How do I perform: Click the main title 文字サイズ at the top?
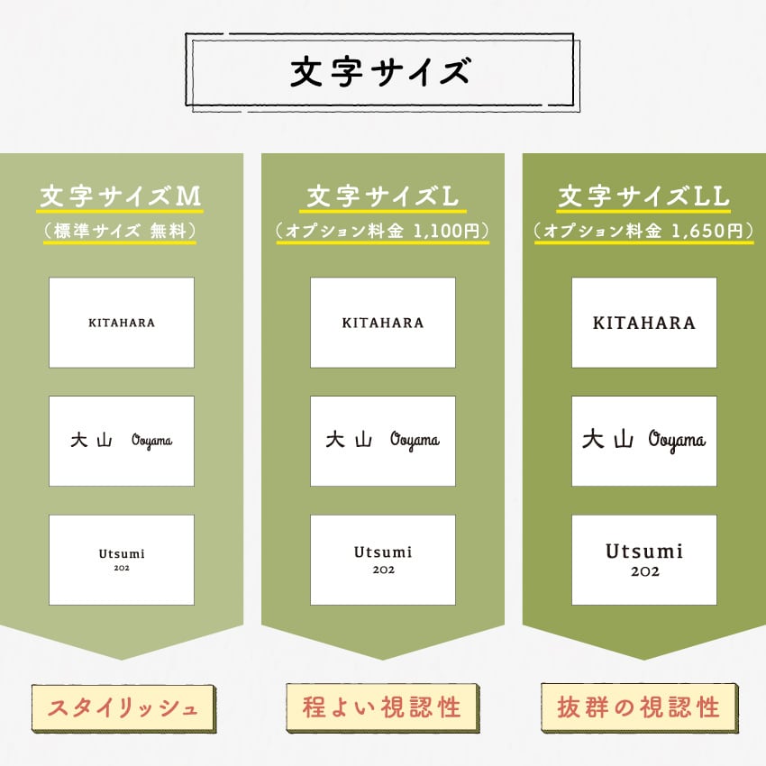pos(380,71)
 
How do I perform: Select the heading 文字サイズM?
pos(120,196)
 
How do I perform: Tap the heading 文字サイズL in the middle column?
pos(382,196)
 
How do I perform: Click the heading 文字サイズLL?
pos(643,196)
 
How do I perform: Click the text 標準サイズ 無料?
pos(120,231)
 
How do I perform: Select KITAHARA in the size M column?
pos(122,323)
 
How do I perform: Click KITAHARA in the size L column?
pos(383,323)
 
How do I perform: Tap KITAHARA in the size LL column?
pos(643,323)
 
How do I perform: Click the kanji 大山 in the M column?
pos(91,440)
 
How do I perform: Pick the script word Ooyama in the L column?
pos(415,441)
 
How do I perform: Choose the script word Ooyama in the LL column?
pos(677,441)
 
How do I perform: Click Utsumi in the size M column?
pos(122,554)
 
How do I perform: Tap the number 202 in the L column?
pos(384,570)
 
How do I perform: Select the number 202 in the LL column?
pos(645,571)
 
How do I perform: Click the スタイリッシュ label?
pos(123,707)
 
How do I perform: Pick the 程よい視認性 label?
pos(382,707)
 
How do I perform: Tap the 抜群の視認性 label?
pos(639,707)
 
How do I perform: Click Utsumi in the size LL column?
pos(644,552)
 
